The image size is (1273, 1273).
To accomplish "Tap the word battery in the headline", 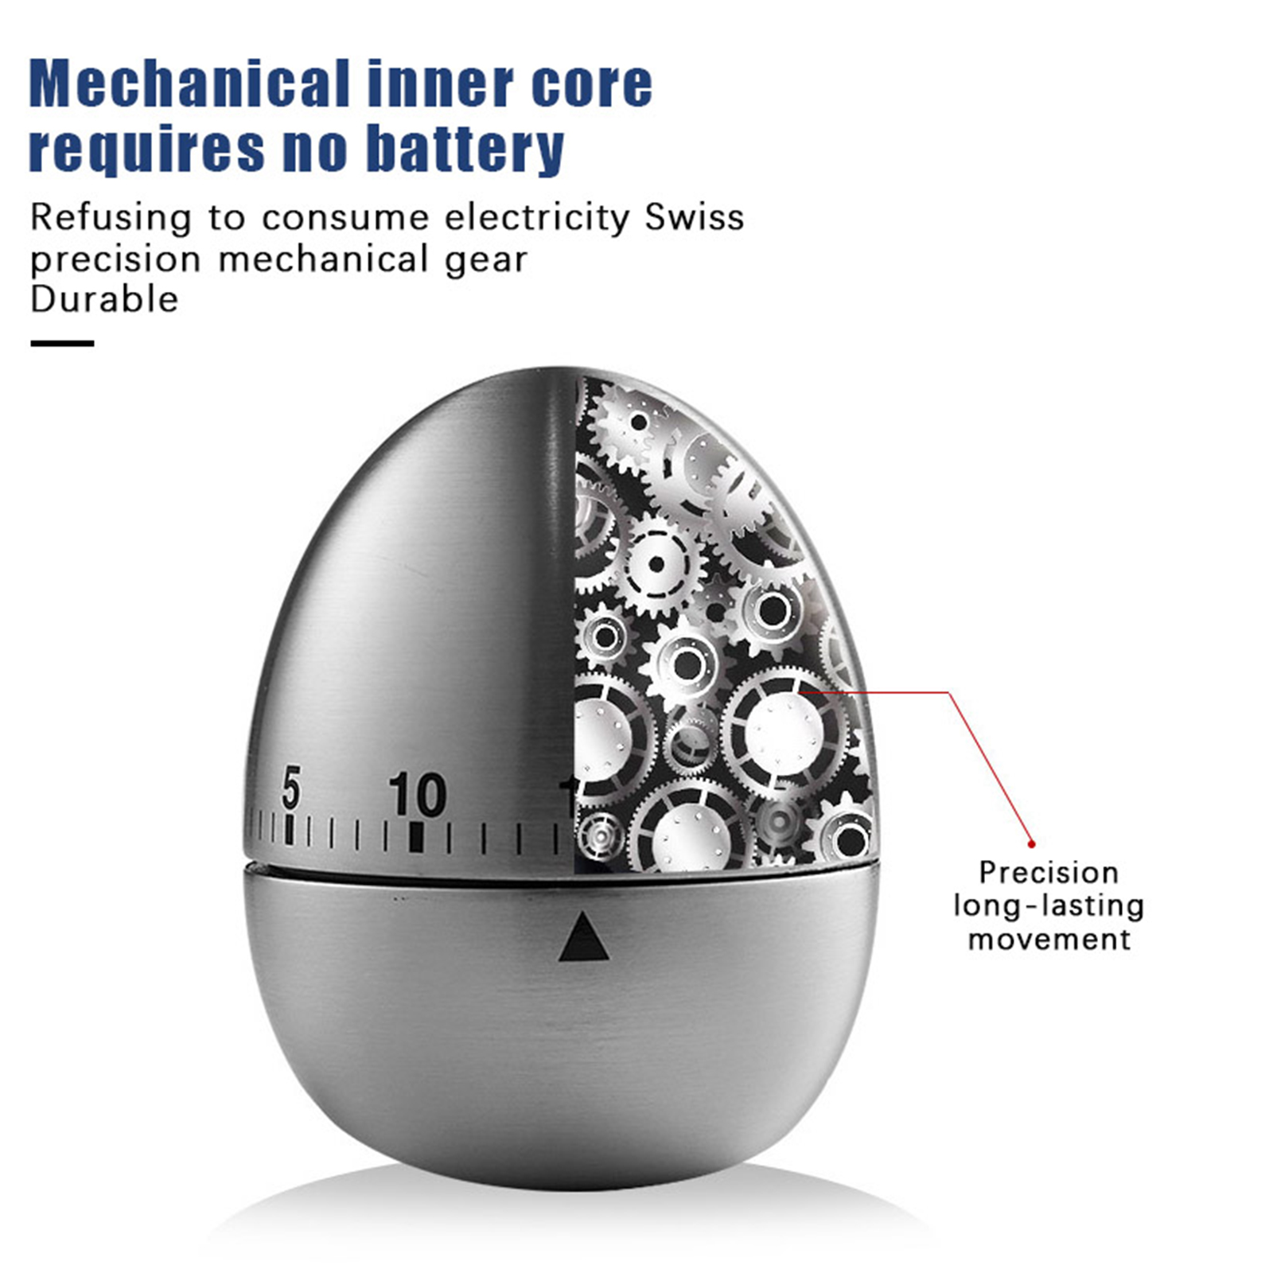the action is pos(469,149).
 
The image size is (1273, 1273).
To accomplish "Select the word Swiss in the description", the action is pos(695,217).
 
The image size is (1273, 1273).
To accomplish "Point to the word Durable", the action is pos(104,300).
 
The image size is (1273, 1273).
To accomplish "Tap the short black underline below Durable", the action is pos(62,344).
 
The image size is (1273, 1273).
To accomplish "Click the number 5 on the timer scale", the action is pos(291,787).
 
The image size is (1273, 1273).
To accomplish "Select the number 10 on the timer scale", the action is pos(417,795).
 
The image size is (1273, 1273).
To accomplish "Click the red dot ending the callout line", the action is pos(1032,843).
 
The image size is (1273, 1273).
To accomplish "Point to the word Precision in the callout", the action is pos(1049,873).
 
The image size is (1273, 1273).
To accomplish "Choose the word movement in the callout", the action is pos(1049,940).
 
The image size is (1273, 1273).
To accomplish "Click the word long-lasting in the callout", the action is pos(1049,906).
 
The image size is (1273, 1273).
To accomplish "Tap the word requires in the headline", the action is pos(146,149).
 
